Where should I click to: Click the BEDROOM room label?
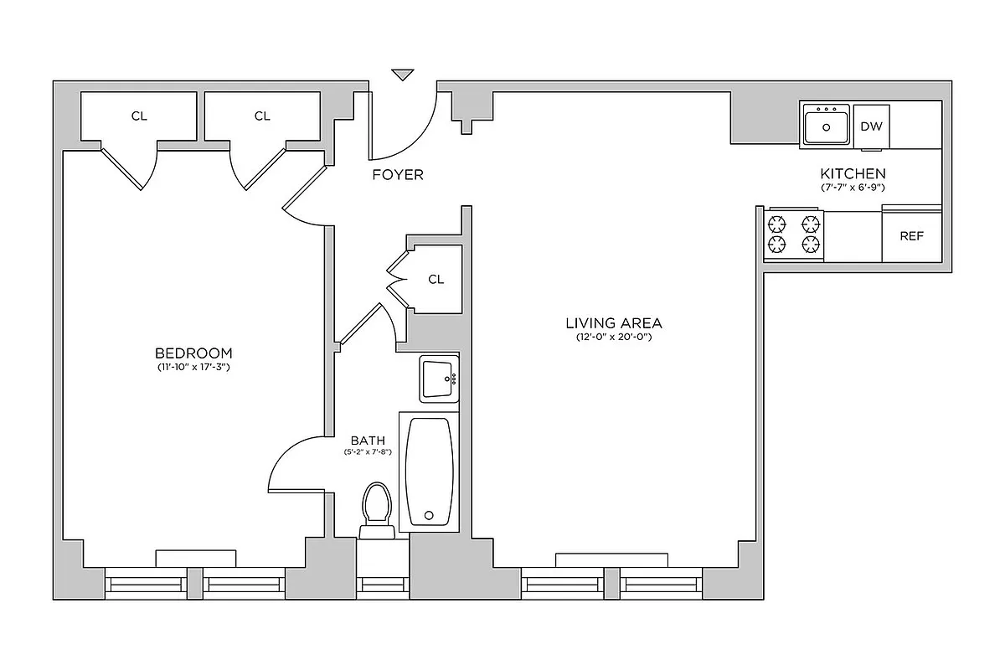[x=193, y=353]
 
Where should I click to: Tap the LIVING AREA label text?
[x=613, y=322]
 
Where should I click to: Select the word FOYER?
[x=398, y=175]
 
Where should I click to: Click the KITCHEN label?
[x=853, y=173]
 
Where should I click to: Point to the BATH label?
[x=367, y=439]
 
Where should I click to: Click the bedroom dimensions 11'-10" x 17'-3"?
[x=193, y=368]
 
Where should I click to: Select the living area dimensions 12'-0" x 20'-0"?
[x=613, y=337]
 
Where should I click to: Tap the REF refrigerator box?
[x=911, y=236]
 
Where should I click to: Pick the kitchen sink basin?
[x=826, y=127]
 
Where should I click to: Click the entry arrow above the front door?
[x=403, y=75]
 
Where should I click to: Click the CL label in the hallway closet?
[x=435, y=280]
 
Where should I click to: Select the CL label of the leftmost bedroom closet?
[x=139, y=116]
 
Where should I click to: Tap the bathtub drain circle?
[x=430, y=516]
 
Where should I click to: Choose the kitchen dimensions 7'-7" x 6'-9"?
[x=853, y=188]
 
